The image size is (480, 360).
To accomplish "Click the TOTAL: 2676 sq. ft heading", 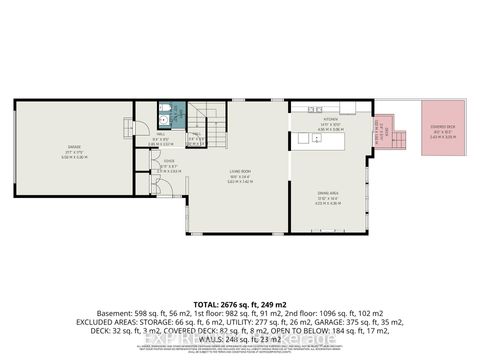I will pyautogui.click(x=239, y=304).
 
